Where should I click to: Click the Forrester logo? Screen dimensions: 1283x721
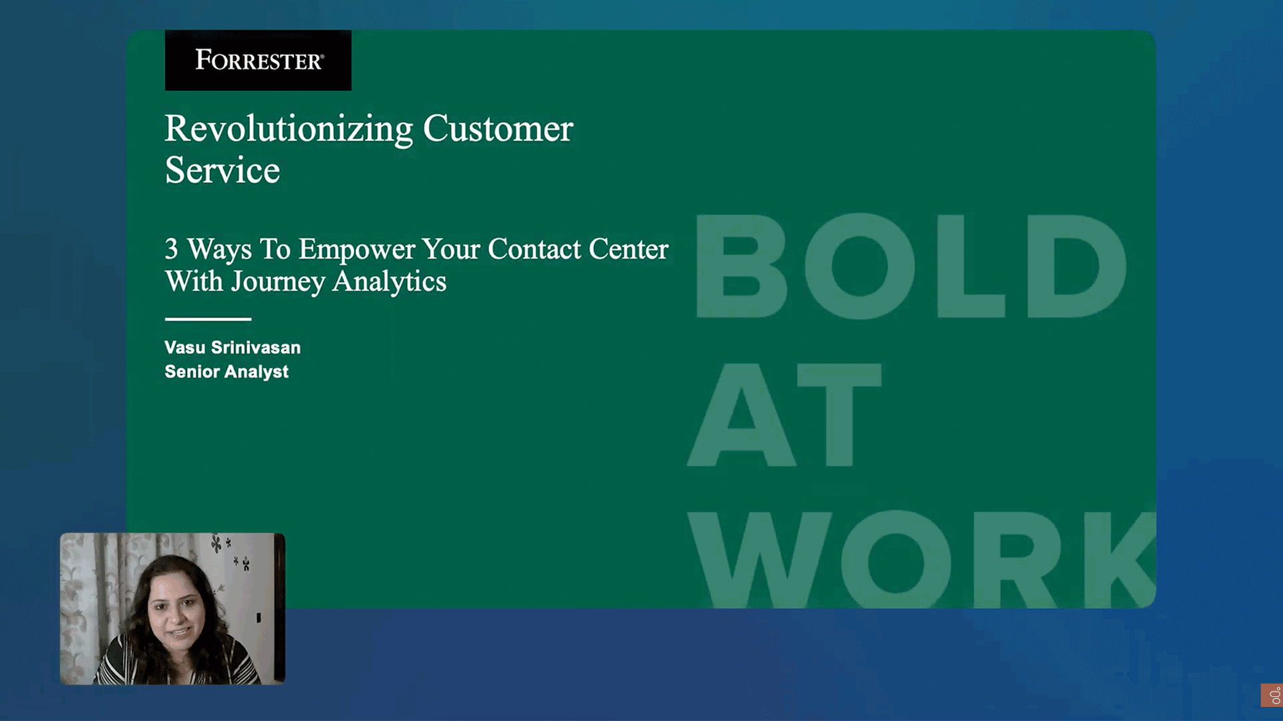point(258,60)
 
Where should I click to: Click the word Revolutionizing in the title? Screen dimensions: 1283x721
point(289,129)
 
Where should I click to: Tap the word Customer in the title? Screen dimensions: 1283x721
point(498,128)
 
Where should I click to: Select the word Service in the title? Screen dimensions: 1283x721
point(223,170)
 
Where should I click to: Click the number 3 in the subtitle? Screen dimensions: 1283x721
point(172,249)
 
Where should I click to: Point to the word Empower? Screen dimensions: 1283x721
point(357,250)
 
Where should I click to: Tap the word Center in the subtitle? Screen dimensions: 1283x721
point(629,249)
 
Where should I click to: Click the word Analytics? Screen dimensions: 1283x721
point(390,282)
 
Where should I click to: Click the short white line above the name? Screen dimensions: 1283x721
point(208,319)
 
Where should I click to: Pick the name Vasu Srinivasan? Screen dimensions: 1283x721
point(233,347)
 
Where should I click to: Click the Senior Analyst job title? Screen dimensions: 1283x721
point(227,372)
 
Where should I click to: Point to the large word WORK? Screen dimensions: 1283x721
point(922,559)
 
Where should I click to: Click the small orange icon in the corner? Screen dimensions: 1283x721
point(1272,695)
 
